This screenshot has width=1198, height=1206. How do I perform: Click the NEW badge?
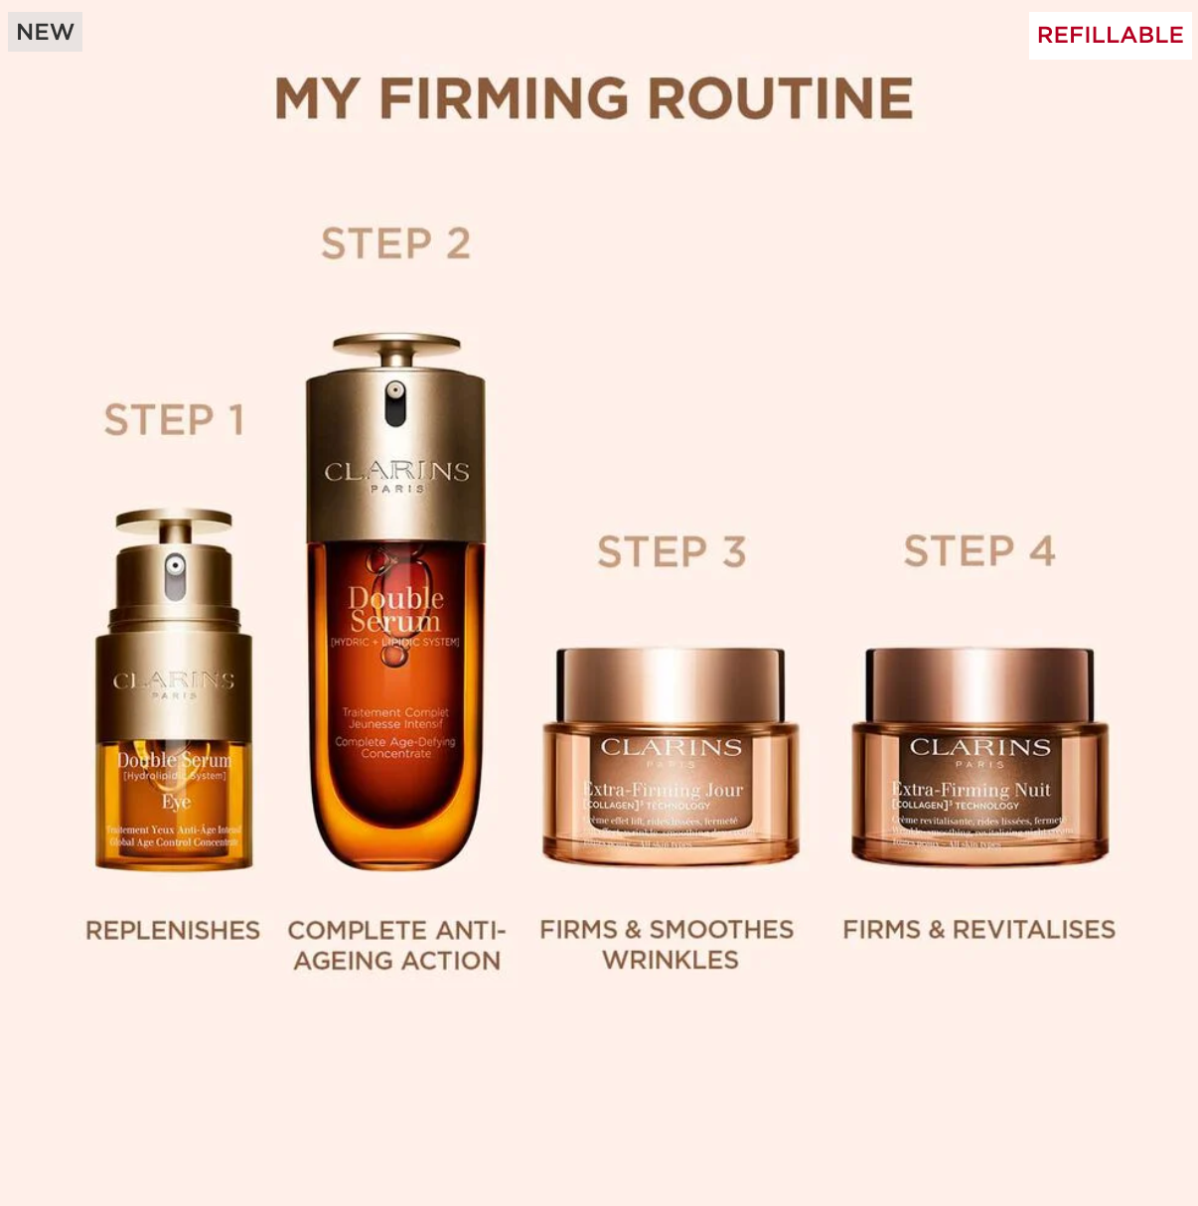(x=45, y=32)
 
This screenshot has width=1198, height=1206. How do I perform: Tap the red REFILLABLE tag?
(x=1110, y=35)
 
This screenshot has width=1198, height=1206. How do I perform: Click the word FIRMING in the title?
(x=504, y=99)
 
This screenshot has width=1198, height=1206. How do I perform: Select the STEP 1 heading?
(x=174, y=420)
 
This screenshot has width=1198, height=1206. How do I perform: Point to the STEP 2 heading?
(x=395, y=244)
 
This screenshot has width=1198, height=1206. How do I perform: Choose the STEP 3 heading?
(x=672, y=552)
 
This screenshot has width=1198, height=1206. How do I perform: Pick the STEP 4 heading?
(x=978, y=551)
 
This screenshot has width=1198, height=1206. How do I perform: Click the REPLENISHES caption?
(x=173, y=931)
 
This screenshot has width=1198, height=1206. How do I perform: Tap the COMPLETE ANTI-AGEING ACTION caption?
(x=396, y=945)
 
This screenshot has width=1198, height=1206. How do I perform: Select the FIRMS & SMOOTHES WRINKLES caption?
(x=667, y=944)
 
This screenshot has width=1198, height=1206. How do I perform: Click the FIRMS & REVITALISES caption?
(x=978, y=930)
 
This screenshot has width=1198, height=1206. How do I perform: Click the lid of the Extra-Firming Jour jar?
(x=671, y=683)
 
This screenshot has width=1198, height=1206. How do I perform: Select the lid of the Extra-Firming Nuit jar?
(x=979, y=683)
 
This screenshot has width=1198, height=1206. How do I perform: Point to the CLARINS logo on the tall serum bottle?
(x=396, y=472)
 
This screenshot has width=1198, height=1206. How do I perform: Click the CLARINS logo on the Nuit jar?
(x=979, y=747)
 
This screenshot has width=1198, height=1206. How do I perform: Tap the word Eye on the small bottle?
(x=176, y=802)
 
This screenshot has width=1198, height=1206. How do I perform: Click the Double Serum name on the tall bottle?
(x=395, y=610)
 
